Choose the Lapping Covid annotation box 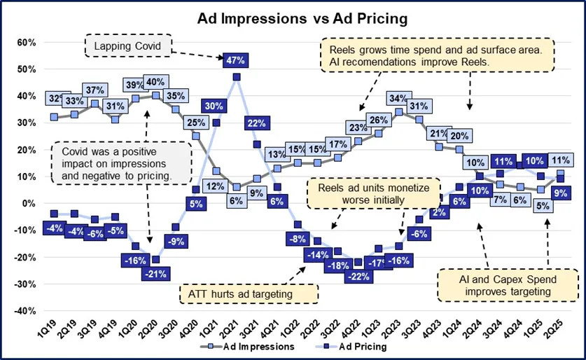(x=128, y=48)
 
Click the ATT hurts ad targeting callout (x=249, y=293)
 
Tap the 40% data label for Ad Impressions (x=155, y=81)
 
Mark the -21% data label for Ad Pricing (x=155, y=273)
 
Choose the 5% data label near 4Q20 (x=195, y=205)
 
